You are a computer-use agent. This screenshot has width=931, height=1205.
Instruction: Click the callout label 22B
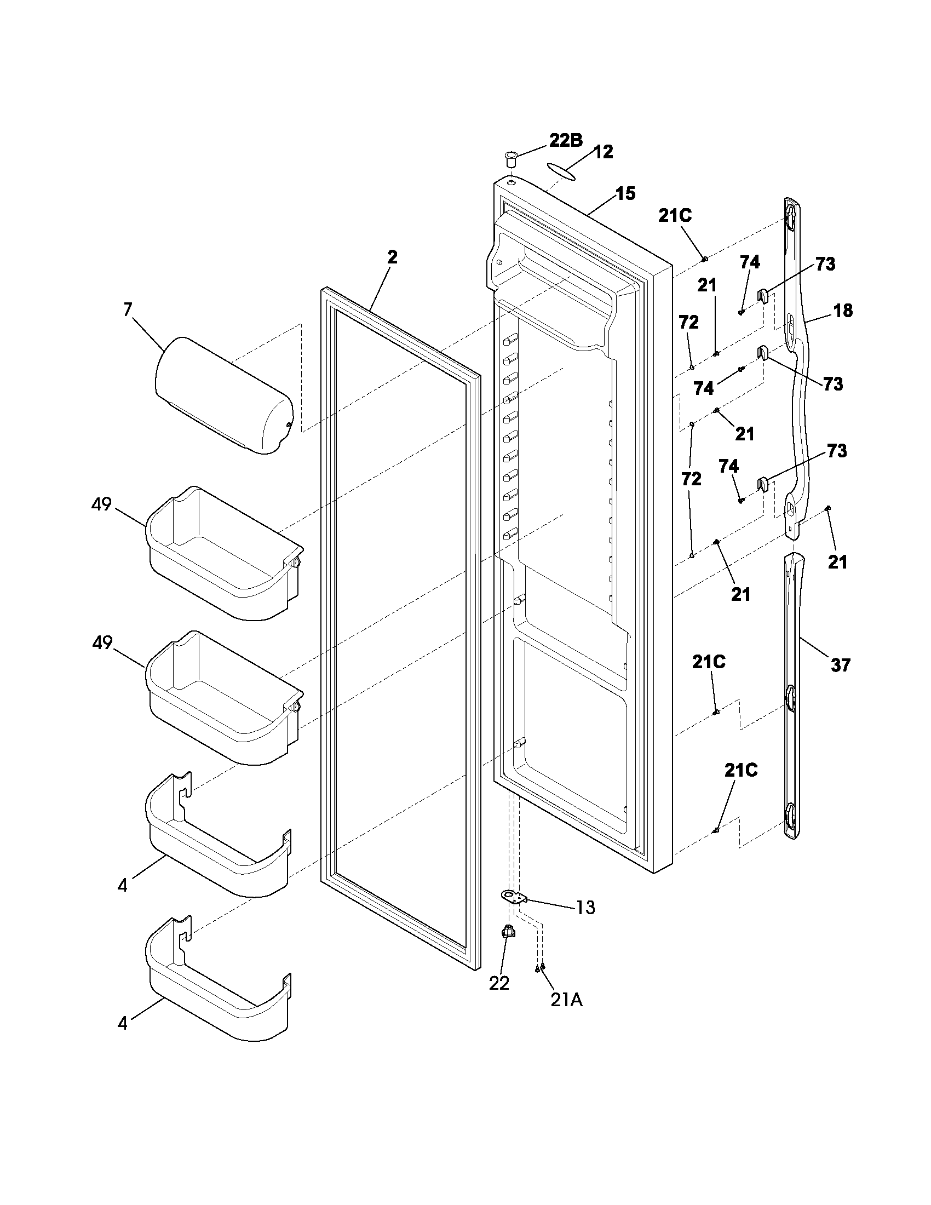pyautogui.click(x=565, y=140)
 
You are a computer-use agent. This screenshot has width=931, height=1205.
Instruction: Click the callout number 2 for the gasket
pyautogui.click(x=392, y=256)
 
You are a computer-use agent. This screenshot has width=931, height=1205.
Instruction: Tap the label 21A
pyautogui.click(x=566, y=1000)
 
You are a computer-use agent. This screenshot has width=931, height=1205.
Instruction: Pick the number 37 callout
pyautogui.click(x=840, y=665)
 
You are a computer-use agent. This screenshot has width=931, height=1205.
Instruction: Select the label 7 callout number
pyautogui.click(x=128, y=309)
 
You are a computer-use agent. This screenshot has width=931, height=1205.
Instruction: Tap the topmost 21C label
pyautogui.click(x=675, y=216)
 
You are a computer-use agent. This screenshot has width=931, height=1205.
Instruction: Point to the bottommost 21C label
pyautogui.click(x=741, y=771)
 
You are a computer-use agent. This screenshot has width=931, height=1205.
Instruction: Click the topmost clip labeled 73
pyautogui.click(x=762, y=296)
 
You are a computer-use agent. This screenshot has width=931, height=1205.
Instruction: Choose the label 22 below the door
pyautogui.click(x=499, y=983)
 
